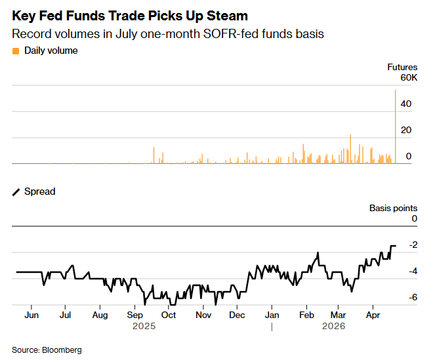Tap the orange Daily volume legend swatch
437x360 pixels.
[16, 50]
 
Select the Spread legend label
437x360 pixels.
[39, 191]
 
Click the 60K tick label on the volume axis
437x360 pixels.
[408, 78]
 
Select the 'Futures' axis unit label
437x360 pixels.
[402, 67]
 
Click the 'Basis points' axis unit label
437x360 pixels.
[392, 208]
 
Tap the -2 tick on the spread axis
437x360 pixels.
[412, 245]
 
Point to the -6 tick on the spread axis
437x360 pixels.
[412, 297]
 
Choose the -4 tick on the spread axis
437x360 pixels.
[412, 271]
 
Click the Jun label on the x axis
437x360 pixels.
[31, 315]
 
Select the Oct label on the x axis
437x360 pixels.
[169, 315]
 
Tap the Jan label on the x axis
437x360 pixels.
[272, 315]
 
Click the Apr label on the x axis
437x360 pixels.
[373, 315]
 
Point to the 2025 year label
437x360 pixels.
[143, 326]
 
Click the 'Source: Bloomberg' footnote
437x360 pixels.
[47, 350]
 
